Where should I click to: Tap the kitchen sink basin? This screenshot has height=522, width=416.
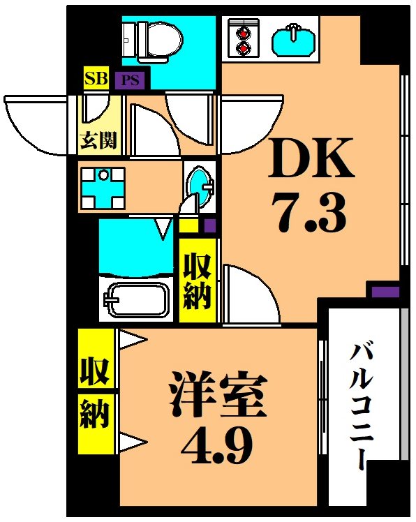click(x=294, y=38)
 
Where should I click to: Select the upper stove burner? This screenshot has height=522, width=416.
click(x=244, y=31)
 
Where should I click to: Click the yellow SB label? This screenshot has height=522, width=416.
click(x=95, y=78)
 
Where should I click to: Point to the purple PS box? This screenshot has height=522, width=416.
click(x=130, y=80)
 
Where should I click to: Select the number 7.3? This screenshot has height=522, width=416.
click(x=311, y=214)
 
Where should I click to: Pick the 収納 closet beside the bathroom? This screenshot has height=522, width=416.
click(x=197, y=281)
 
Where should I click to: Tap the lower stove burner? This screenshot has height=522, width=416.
click(x=244, y=47)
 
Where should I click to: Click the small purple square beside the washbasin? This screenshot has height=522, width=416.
click(x=209, y=225)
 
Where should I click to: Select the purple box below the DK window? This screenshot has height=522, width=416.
click(x=384, y=291)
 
